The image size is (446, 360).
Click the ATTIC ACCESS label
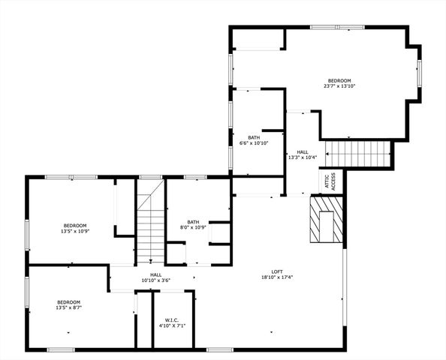pyautogui.click(x=333, y=181)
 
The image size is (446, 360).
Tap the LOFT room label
pyautogui.click(x=277, y=271)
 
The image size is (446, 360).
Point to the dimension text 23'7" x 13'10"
pyautogui.click(x=339, y=86)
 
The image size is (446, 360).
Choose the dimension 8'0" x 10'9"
pyautogui.click(x=194, y=227)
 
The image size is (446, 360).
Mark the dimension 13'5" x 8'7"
pyautogui.click(x=68, y=307)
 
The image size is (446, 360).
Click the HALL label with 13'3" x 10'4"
pyautogui.click(x=303, y=151)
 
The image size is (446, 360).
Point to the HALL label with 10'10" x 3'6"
pyautogui.click(x=156, y=274)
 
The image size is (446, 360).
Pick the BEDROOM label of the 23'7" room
pyautogui.click(x=339, y=80)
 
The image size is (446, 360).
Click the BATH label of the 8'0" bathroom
pyautogui.click(x=194, y=221)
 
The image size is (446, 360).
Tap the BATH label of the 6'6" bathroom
pyautogui.click(x=254, y=137)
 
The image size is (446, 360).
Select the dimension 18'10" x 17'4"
pyautogui.click(x=277, y=277)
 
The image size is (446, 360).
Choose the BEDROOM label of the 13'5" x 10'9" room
pyautogui.click(x=75, y=226)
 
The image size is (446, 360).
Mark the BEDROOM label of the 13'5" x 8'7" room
pyautogui.click(x=68, y=301)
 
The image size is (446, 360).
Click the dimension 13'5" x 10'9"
pyautogui.click(x=75, y=232)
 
